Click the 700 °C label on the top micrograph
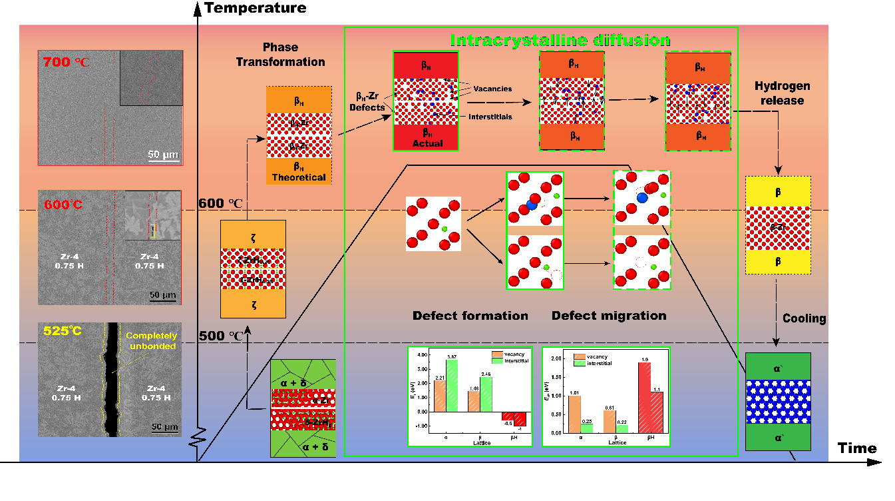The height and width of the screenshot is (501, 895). click(65, 63)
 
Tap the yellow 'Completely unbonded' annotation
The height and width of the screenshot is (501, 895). click(151, 341)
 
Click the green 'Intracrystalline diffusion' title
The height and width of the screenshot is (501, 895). click(560, 40)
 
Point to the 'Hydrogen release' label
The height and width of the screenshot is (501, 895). click(782, 93)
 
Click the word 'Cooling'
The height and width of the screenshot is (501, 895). click(804, 318)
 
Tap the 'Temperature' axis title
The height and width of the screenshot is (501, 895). click(256, 8)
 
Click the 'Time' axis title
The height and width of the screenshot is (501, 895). click(857, 448)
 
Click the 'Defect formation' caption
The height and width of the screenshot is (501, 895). click(470, 316)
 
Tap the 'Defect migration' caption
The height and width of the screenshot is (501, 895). click(609, 316)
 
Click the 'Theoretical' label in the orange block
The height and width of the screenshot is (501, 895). click(299, 178)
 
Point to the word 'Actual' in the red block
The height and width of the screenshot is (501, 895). click(427, 143)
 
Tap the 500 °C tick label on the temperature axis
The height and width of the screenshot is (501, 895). click(221, 336)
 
